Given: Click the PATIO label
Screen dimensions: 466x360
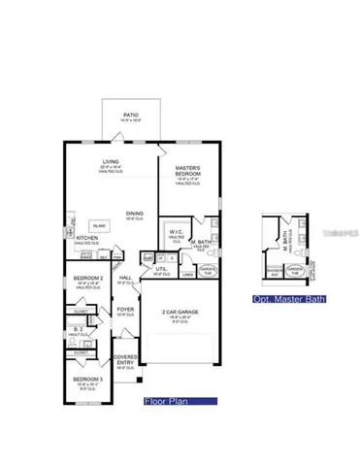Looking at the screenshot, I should coord(130,116).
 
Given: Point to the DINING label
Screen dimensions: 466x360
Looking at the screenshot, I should coord(134,215).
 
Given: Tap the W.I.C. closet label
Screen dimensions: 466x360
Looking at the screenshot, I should coord(176,232).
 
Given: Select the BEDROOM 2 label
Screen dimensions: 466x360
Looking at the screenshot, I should coord(87,279).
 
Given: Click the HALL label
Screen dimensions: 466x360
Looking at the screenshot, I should coord(125,278).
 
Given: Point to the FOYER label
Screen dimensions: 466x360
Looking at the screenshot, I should coord(125,310).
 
